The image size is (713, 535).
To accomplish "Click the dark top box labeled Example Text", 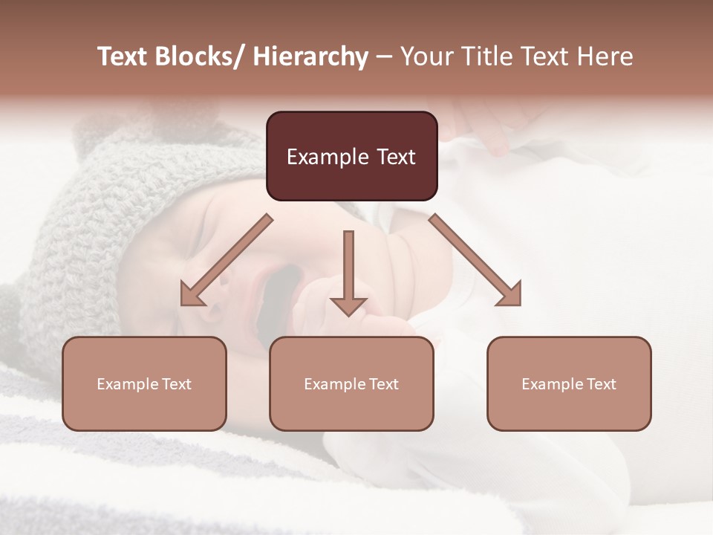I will (x=351, y=156).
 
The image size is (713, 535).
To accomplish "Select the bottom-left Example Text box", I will (x=144, y=383).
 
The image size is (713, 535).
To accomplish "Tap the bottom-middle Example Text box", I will (x=351, y=383).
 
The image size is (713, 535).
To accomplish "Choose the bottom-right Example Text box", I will (x=569, y=383).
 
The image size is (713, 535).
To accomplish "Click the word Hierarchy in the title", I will (x=310, y=56).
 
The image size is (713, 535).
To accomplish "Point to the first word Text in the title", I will (x=123, y=56).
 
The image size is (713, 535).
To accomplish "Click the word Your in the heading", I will (x=423, y=56).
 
